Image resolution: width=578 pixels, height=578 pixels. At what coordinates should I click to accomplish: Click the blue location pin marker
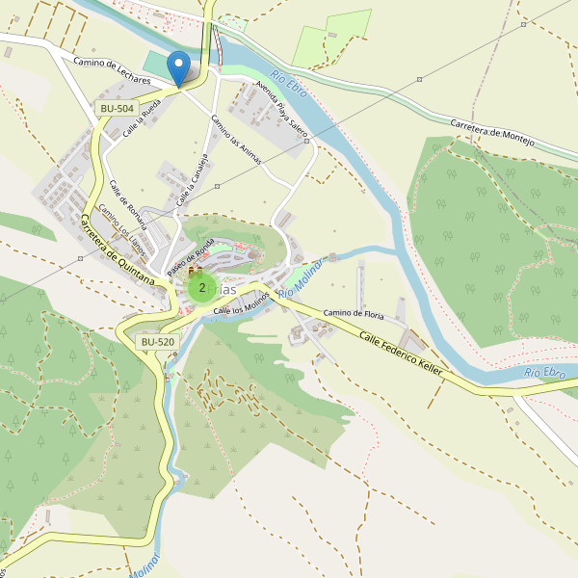coord(177,68)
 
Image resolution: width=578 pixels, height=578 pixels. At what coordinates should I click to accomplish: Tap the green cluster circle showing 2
coord(201,287)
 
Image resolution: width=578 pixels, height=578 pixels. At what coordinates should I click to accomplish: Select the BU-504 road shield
coord(117,108)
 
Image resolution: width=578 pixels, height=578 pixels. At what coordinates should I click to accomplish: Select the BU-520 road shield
coord(157,342)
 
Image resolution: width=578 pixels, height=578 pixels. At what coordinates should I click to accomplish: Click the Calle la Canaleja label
coord(193,179)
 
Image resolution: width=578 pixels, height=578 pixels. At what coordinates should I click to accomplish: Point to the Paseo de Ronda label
coord(190,257)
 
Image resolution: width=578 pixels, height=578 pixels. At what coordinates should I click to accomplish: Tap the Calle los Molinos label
coord(241,303)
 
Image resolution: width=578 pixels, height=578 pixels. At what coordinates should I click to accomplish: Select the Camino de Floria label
coord(354,314)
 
